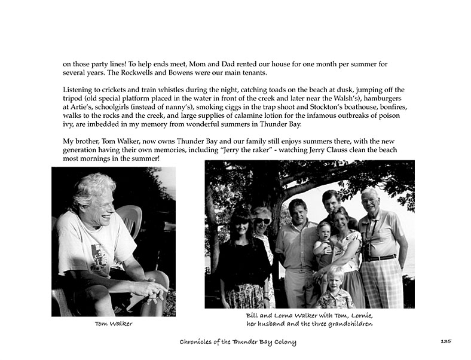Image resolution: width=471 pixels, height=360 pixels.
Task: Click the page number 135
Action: (445, 341)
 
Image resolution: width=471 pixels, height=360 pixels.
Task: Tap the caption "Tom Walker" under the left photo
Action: (114, 324)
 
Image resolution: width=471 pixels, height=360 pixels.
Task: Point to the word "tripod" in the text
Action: (74, 98)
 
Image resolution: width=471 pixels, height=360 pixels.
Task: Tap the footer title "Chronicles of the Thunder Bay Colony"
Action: (238, 341)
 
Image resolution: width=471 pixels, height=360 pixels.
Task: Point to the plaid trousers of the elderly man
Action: (382, 281)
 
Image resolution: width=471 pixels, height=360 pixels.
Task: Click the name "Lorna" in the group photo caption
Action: (282, 315)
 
